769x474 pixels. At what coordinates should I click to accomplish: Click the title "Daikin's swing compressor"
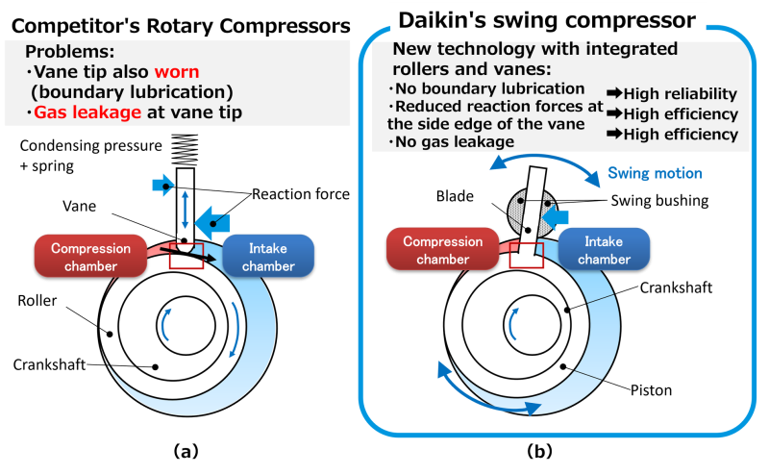[x=547, y=19]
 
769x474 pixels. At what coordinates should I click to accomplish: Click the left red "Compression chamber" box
[x=90, y=258]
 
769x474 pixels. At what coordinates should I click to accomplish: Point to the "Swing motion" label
[x=655, y=174]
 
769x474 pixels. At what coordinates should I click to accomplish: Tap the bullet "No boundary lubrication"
[x=487, y=88]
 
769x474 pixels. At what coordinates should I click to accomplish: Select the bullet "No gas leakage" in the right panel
[x=452, y=142]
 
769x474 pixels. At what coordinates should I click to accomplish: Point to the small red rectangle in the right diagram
[x=527, y=255]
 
